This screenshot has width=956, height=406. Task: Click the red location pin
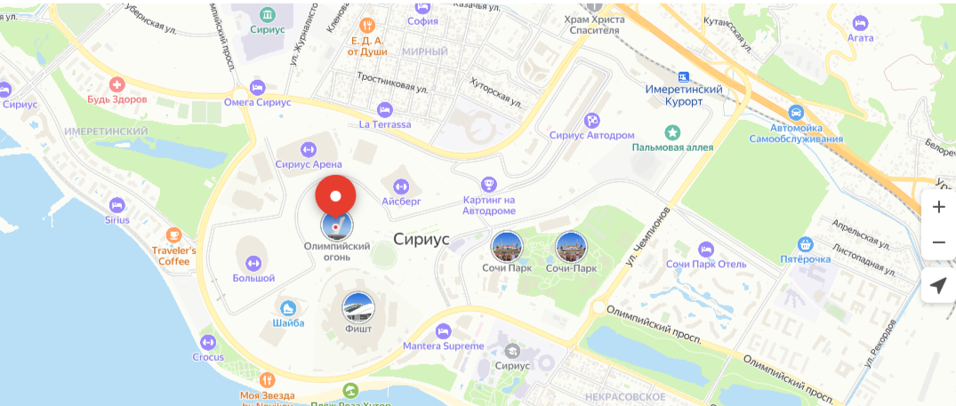pos(336,195)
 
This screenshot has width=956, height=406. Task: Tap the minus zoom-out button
pos(938,243)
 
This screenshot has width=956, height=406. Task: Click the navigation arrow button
pos(938,285)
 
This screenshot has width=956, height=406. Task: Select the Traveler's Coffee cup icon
pos(173,235)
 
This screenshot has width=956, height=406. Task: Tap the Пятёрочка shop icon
pos(807,243)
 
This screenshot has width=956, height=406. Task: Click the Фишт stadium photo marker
pos(358,307)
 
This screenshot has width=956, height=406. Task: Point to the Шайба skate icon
pos(287,307)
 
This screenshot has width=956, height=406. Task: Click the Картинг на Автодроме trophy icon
pos(488,184)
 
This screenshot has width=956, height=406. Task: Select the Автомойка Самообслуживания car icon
pos(797,113)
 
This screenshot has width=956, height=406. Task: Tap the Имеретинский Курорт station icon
pos(683,77)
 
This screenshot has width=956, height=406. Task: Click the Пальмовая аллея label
pos(672,147)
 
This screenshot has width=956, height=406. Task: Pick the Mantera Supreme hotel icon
pos(443,331)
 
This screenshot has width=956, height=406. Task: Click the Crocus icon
pos(208,342)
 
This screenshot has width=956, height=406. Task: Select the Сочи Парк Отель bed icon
pos(705,250)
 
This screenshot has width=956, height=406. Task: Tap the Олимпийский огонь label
pos(337,251)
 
